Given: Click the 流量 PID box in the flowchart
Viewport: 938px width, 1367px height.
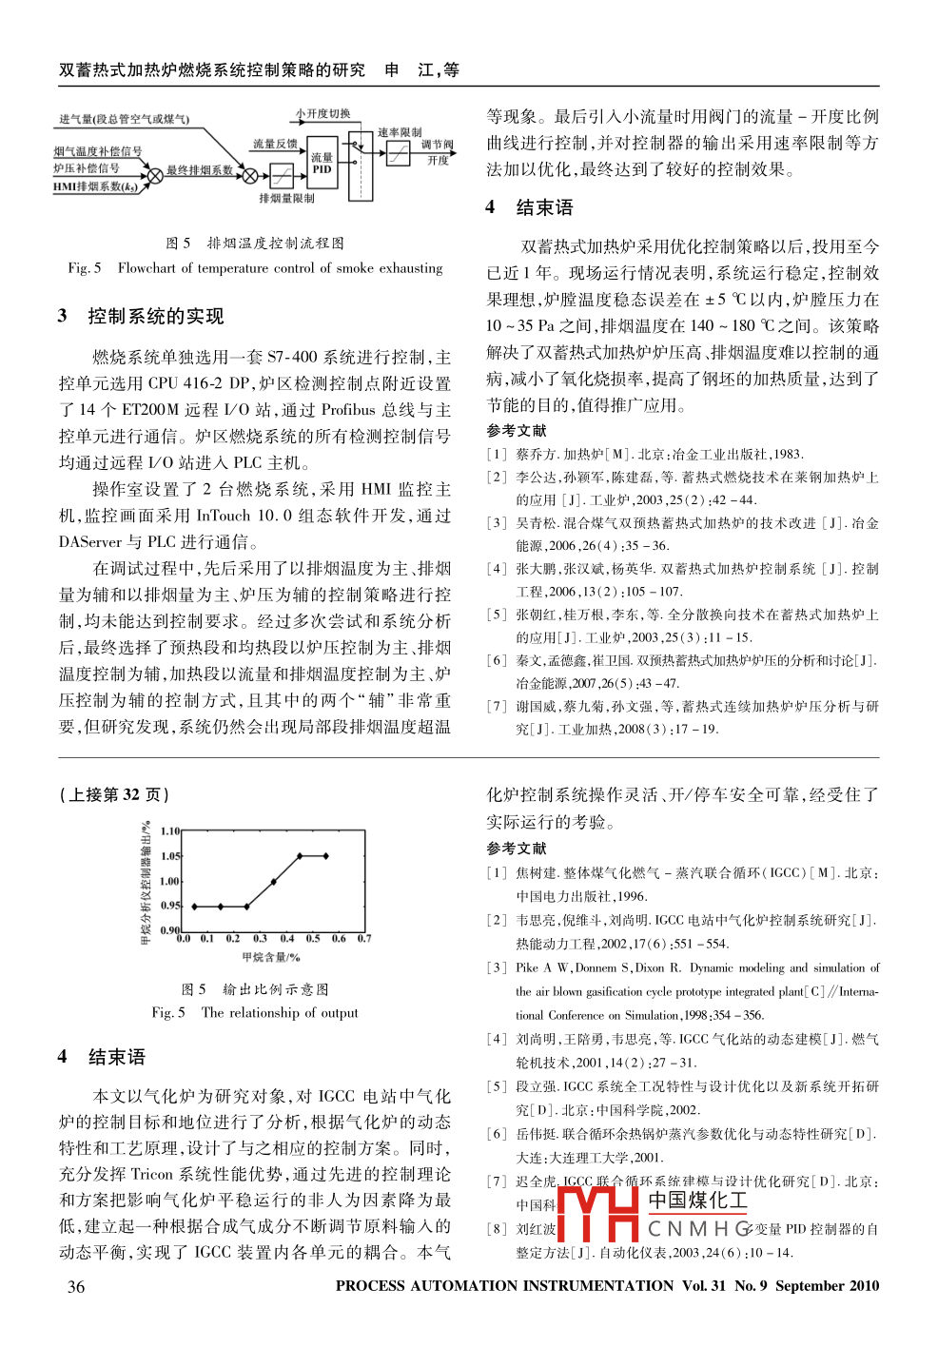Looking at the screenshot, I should (322, 163).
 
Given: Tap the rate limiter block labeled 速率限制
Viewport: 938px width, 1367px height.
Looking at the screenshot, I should (399, 153).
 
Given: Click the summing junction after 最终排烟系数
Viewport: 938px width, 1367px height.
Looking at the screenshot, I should (250, 176).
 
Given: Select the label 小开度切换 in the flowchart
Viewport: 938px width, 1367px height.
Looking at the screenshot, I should (322, 113).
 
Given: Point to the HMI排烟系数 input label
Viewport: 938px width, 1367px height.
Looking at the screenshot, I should (95, 186).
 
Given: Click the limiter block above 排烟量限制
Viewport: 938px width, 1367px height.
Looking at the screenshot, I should (282, 176).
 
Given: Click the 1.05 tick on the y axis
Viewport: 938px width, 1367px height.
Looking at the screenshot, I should (170, 856).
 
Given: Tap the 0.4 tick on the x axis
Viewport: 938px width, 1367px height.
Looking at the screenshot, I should (286, 938).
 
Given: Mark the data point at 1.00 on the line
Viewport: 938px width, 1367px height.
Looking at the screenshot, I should (273, 882).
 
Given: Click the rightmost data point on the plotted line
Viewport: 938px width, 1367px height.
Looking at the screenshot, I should (326, 856).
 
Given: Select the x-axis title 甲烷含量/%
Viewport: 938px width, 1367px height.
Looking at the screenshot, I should (271, 957).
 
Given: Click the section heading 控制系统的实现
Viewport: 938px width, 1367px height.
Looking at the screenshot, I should (155, 316).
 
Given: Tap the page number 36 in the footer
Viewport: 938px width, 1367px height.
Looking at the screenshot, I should (76, 1286).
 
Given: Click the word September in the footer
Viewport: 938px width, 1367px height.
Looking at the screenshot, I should (808, 1285).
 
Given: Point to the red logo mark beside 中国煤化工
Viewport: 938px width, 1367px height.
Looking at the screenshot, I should (596, 1214).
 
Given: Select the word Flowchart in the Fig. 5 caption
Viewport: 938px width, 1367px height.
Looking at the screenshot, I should (147, 268).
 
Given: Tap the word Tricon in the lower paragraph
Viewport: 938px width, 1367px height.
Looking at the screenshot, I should (152, 1174).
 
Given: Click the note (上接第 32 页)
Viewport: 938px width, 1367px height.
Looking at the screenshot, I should (114, 794).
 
